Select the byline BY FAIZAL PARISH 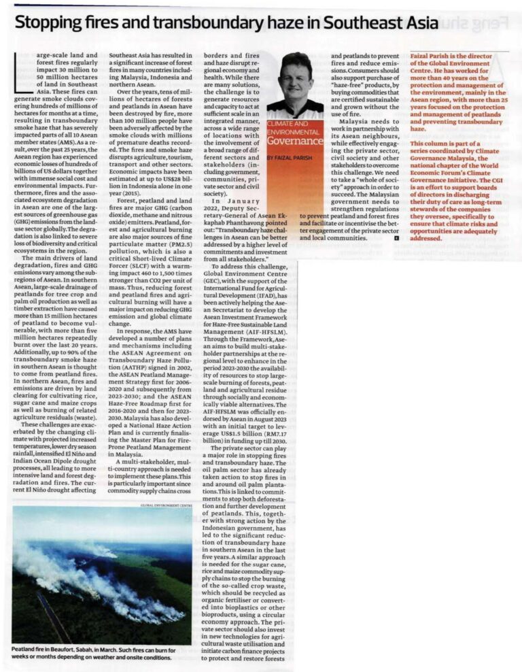(290, 157)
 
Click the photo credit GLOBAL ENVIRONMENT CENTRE (167, 505)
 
